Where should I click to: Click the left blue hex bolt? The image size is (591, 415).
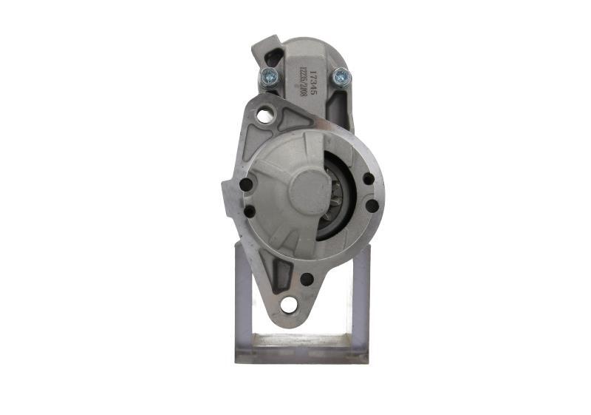(267, 75)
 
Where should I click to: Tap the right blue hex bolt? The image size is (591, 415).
(340, 75)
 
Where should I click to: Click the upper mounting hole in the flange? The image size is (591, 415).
(264, 115)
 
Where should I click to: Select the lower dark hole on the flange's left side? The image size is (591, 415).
(249, 212)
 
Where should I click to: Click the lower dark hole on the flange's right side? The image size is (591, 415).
(372, 206)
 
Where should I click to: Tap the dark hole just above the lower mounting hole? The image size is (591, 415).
(306, 279)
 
